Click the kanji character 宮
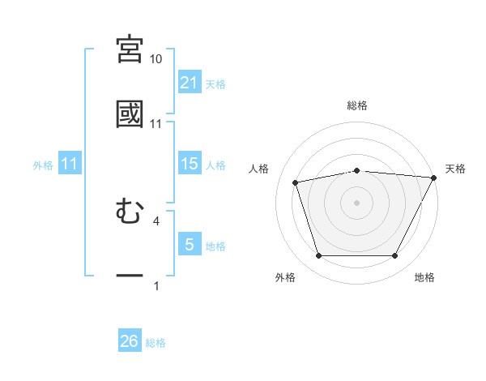[130, 49]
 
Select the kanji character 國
[130, 113]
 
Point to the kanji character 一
[130, 276]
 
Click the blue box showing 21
[189, 82]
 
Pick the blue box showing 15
[189, 164]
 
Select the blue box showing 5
[189, 245]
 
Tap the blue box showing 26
[130, 341]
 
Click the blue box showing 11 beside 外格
[70, 164]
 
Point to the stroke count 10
[156, 59]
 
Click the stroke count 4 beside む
[156, 220]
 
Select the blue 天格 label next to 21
[215, 83]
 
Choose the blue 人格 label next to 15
[215, 165]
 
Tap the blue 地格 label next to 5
[215, 246]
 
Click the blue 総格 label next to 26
[156, 343]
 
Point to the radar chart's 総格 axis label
[356, 105]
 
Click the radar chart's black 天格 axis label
[455, 169]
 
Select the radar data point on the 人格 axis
[296, 182]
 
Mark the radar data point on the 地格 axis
[394, 256]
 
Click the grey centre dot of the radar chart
[356, 202]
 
